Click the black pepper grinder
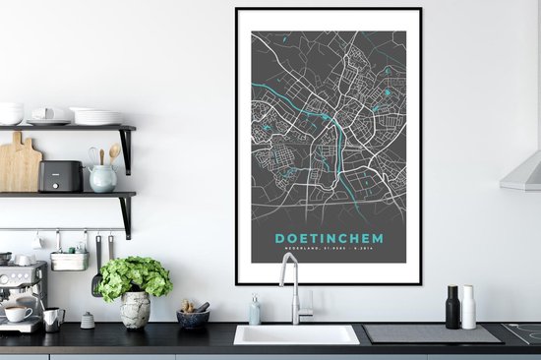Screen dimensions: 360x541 pyautogui.click(x=452, y=307)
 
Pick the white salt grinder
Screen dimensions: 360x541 pyautogui.click(x=469, y=307)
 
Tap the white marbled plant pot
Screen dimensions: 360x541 pyautogui.click(x=135, y=310)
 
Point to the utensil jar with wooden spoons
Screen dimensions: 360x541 pyautogui.click(x=101, y=173)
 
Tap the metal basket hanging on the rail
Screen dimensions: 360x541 pyautogui.click(x=68, y=260)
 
